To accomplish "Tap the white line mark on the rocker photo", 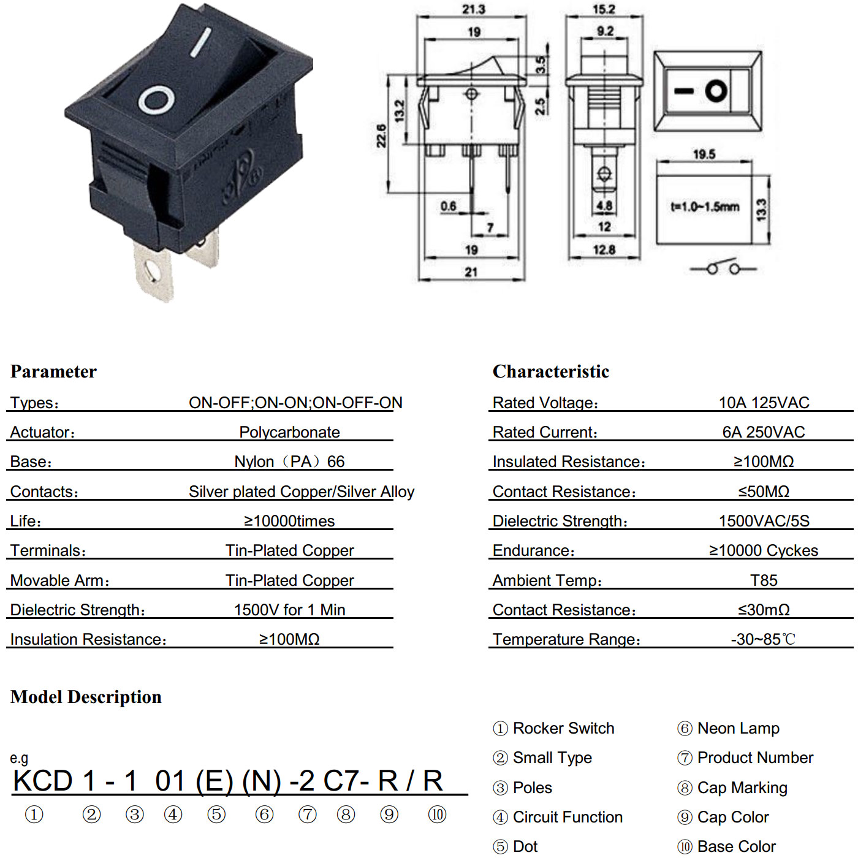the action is (x=201, y=42).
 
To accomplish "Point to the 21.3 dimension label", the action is (x=473, y=9).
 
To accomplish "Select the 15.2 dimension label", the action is (x=603, y=9).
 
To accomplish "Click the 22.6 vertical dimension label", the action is (x=382, y=136).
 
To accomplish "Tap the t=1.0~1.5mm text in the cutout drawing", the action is (x=705, y=207).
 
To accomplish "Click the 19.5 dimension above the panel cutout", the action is (x=704, y=154).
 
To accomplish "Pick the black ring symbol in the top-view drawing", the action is (x=716, y=91).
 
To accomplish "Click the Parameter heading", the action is (x=53, y=371).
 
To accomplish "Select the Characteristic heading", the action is (x=551, y=371).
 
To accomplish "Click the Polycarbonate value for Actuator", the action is (x=289, y=432).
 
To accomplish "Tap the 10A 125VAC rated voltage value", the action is (x=764, y=403).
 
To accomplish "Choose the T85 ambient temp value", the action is (x=764, y=580).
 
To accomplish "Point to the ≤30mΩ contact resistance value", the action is (x=764, y=610).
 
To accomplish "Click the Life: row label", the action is (x=26, y=521).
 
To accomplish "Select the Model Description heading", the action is (x=86, y=697).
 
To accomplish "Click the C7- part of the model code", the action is (x=346, y=781).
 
